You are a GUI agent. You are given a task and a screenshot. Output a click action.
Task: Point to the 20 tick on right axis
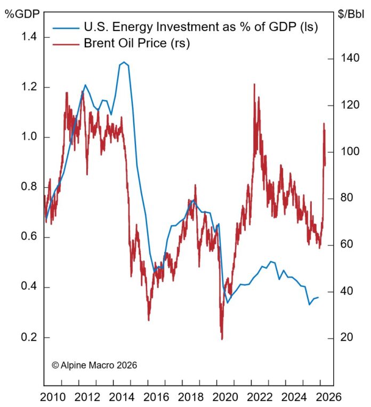pyautogui.click(x=345, y=338)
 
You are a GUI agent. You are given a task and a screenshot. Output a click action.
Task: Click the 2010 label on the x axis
pyautogui.click(x=52, y=397)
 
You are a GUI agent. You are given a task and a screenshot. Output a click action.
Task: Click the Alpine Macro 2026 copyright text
pyautogui.click(x=94, y=365)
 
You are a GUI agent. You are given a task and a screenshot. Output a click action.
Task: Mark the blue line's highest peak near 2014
pyautogui.click(x=124, y=62)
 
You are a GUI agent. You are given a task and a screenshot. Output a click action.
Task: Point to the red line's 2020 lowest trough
pyautogui.click(x=222, y=339)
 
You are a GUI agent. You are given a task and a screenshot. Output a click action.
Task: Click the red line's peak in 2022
pyautogui.click(x=254, y=84)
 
